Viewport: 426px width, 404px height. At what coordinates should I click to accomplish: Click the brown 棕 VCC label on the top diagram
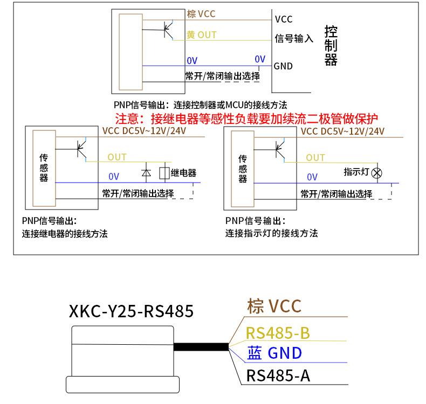pyautogui.click(x=201, y=14)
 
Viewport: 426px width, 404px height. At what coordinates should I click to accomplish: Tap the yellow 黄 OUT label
pyautogui.click(x=201, y=35)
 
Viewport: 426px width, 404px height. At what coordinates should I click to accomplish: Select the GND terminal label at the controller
pyautogui.click(x=283, y=66)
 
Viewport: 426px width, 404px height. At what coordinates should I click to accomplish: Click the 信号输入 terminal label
pyautogui.click(x=294, y=38)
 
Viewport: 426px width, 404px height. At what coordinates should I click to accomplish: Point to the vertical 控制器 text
pyautogui.click(x=331, y=46)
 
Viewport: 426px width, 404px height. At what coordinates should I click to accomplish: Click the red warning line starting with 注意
pyautogui.click(x=246, y=119)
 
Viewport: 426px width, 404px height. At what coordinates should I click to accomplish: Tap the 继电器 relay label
pyautogui.click(x=183, y=173)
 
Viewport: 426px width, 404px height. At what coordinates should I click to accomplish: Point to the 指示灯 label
pyautogui.click(x=356, y=172)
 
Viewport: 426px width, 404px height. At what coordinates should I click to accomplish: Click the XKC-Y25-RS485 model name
pyautogui.click(x=131, y=311)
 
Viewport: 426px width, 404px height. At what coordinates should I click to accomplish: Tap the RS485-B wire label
pyautogui.click(x=278, y=333)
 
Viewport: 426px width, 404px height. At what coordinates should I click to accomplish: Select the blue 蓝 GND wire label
pyautogui.click(x=274, y=353)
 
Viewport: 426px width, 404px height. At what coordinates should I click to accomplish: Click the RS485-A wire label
pyautogui.click(x=278, y=375)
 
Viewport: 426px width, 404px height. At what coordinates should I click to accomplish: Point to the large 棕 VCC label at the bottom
pyautogui.click(x=274, y=306)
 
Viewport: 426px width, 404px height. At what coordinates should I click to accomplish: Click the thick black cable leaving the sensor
pyautogui.click(x=201, y=346)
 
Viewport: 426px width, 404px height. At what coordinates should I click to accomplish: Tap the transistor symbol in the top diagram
pyautogui.click(x=168, y=29)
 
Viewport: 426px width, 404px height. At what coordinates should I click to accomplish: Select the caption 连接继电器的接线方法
pyautogui.click(x=65, y=234)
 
